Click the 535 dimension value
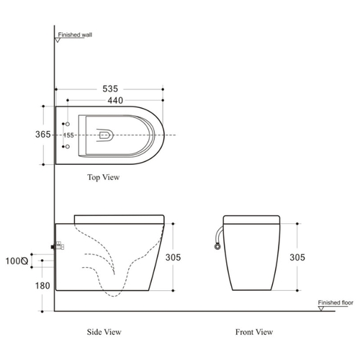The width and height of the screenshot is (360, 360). pos(110,89)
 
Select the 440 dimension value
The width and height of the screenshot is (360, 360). pos(115,100)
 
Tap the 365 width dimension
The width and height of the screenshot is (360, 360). pos(43,135)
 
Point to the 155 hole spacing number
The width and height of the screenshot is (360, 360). pos(68,135)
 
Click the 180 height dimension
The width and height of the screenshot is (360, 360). pos(42,286)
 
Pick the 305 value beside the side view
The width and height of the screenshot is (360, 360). pos(173,257)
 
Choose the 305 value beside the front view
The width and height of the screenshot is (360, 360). pos(297,257)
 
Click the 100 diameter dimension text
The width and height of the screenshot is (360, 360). pos(17,261)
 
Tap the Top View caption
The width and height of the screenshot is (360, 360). pos(104,177)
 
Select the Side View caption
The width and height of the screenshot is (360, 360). pos(104,332)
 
